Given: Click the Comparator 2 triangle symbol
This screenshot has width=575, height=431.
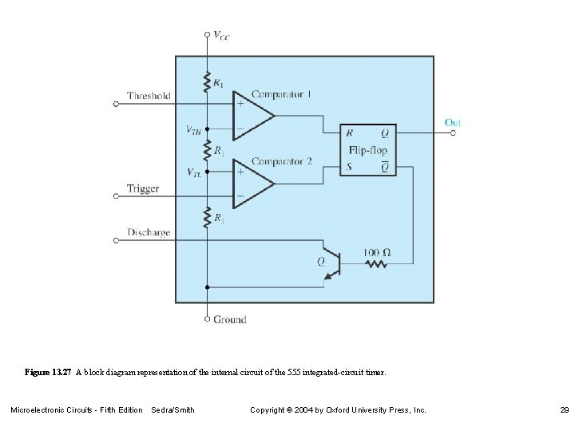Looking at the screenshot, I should [251, 183].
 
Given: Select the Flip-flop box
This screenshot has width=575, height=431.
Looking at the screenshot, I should [367, 149].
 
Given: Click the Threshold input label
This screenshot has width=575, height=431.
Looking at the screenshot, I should [149, 96].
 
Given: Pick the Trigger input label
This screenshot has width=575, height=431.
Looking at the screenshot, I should [143, 189].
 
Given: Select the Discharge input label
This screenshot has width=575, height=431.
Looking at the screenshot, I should [149, 233].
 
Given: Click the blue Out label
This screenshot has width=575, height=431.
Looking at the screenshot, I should [453, 122].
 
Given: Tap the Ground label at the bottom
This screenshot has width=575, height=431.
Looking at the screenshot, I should [230, 319].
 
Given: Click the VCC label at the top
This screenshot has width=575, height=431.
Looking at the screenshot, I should [221, 35].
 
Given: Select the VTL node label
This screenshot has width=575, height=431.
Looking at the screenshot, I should [194, 172].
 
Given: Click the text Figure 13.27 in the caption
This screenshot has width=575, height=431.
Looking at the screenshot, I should [48, 373].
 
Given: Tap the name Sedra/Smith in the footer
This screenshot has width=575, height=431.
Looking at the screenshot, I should [172, 409].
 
